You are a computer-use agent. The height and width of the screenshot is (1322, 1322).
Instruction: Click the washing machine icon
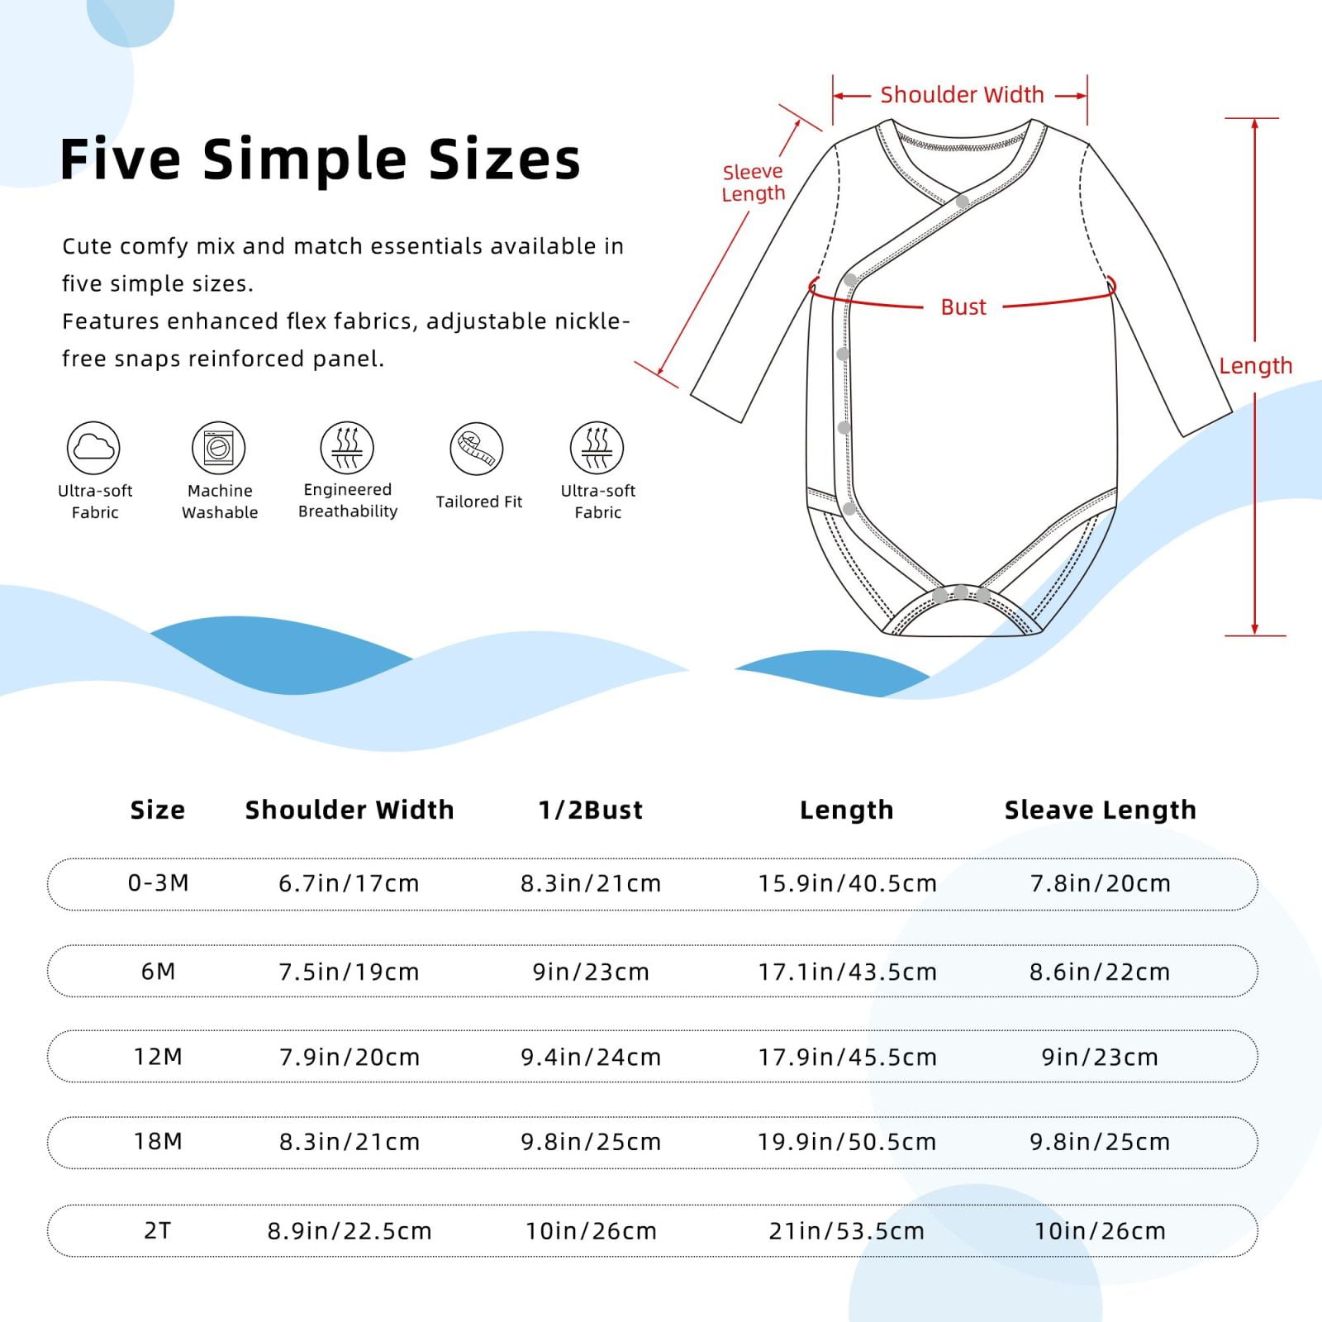pos(219,448)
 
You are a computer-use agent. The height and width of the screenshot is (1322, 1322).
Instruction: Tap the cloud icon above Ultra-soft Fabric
pos(93,448)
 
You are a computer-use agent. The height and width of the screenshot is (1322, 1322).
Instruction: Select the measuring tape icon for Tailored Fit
pos(477,449)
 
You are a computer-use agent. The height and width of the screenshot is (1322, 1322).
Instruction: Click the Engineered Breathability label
pos(348,501)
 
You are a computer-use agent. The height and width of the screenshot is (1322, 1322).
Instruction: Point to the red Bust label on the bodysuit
pos(963,307)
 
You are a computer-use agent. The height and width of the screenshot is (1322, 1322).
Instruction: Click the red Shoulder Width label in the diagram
pos(962,95)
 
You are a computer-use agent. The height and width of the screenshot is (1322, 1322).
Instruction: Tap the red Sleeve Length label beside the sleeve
pos(753,183)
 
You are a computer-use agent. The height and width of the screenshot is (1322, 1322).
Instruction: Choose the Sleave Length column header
pos(1100,811)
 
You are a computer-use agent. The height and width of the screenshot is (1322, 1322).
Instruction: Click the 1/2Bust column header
pos(590,811)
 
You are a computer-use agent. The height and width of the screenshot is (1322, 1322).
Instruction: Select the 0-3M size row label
pos(158,883)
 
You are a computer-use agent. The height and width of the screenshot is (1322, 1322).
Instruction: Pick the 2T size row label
pos(157,1231)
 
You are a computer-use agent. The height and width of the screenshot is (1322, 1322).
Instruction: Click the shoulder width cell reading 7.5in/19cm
pos(349,972)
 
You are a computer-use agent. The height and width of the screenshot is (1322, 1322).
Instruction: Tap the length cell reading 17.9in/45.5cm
pos(848,1058)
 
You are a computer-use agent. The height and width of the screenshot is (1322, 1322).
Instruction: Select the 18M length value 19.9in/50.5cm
pos(848,1143)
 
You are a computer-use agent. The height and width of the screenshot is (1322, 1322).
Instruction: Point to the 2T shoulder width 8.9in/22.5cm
pos(350,1232)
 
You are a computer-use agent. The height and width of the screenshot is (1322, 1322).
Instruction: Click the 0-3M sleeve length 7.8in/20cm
pos(1100,884)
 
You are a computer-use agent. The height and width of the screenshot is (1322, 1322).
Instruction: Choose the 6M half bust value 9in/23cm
pos(591,972)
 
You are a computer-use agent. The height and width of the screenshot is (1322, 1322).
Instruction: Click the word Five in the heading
pos(121,159)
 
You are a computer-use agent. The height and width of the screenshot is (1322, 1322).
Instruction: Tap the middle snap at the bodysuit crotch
pos(961,592)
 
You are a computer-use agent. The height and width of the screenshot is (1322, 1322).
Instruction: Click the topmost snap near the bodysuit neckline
pos(963,202)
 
